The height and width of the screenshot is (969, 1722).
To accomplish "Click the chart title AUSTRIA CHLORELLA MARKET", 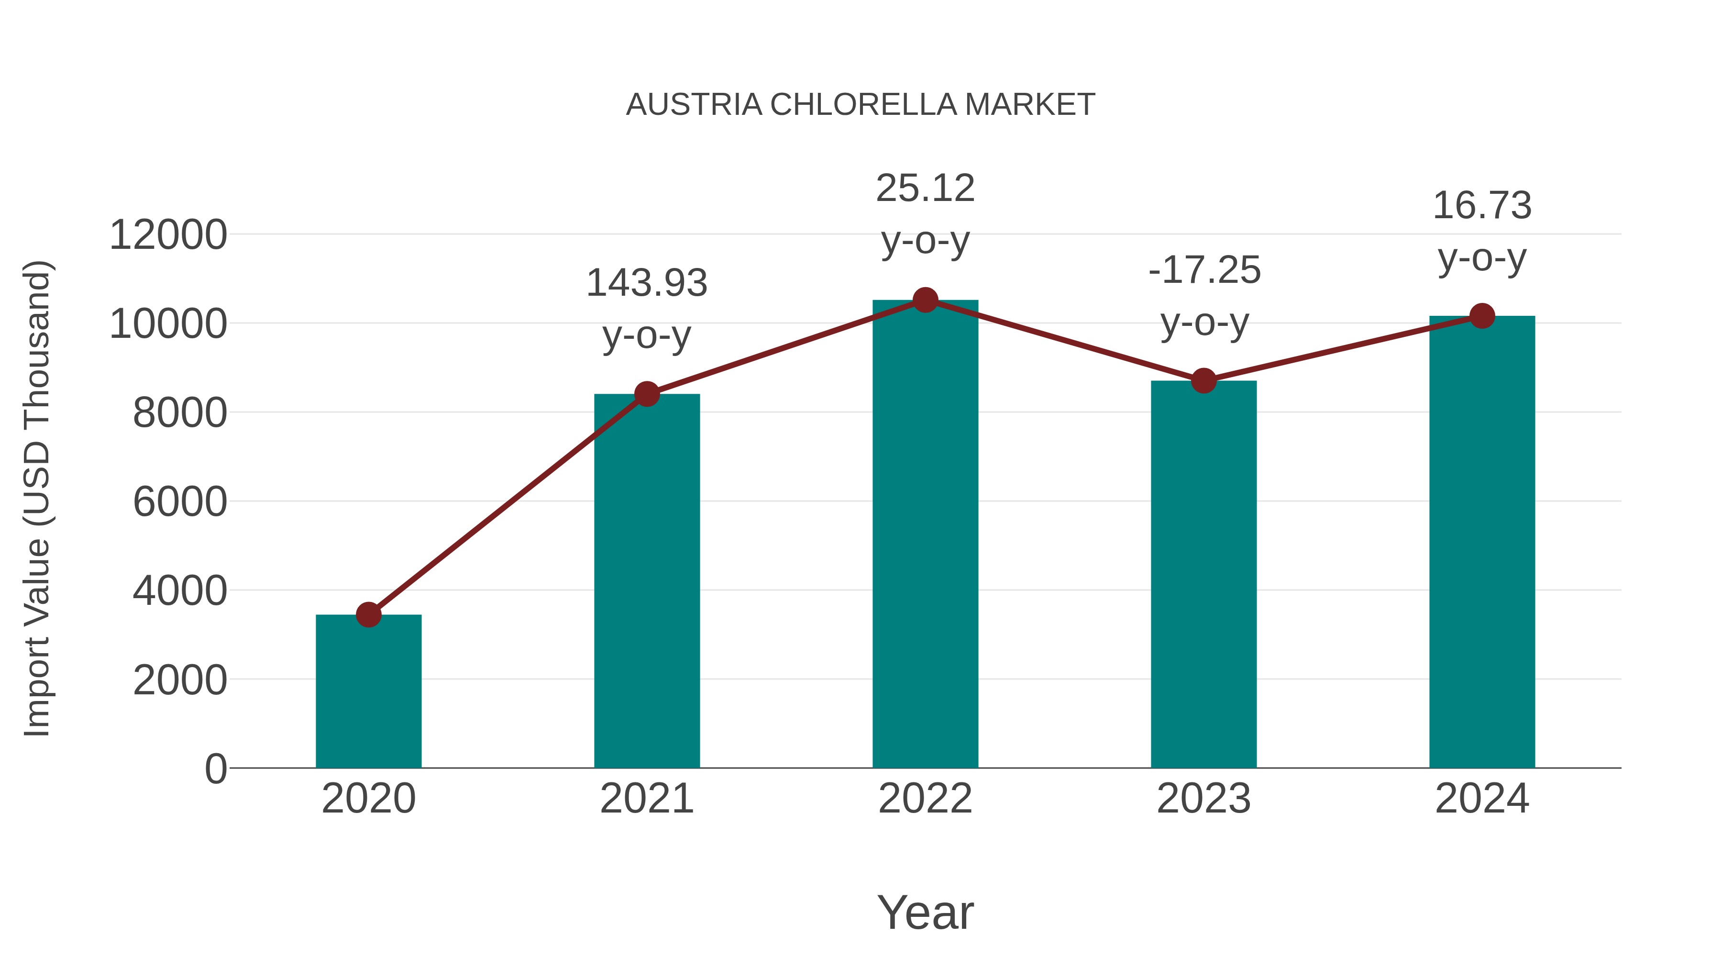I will (x=861, y=105).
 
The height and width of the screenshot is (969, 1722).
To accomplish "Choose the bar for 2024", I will (x=1482, y=542).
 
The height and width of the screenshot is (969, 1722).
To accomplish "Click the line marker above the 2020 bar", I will (x=368, y=614).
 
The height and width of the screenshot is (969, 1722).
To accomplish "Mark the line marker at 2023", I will (x=1203, y=380).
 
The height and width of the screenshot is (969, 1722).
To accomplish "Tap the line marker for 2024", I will (x=1482, y=316).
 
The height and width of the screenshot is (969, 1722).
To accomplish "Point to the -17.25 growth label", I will (x=1204, y=296).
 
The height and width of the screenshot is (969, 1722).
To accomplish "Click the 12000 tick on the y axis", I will (x=168, y=235).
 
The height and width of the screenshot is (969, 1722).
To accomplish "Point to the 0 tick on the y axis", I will (x=215, y=769).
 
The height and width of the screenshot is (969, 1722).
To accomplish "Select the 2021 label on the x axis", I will (x=646, y=799).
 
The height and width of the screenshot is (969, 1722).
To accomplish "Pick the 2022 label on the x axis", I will (x=925, y=799).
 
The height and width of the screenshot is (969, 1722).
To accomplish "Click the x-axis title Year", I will (x=925, y=912).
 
